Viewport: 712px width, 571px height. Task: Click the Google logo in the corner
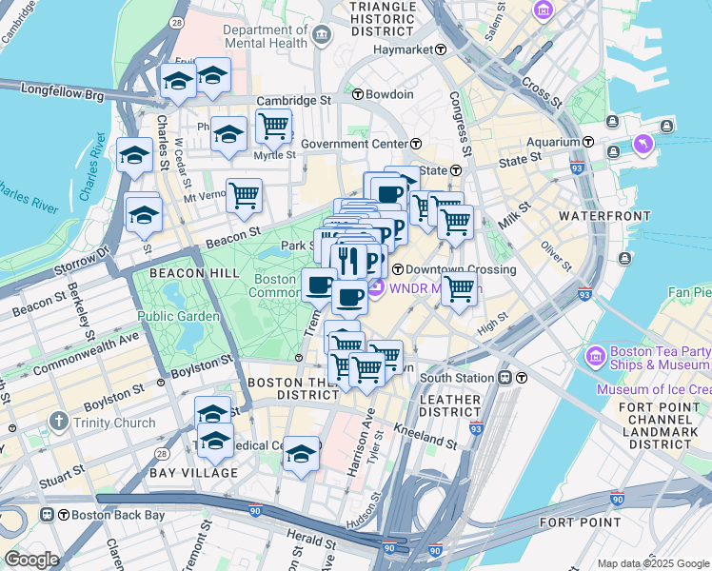click(x=30, y=560)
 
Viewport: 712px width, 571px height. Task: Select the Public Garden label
click(x=179, y=316)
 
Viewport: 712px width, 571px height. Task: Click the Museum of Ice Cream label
click(x=654, y=389)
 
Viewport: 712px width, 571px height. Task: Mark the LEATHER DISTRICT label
click(x=450, y=405)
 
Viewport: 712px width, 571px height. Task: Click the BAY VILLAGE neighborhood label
click(x=193, y=473)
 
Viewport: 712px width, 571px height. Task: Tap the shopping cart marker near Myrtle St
click(x=273, y=125)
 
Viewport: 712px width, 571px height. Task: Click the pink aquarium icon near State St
click(x=643, y=145)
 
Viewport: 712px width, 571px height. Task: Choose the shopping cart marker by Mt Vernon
click(x=244, y=195)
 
